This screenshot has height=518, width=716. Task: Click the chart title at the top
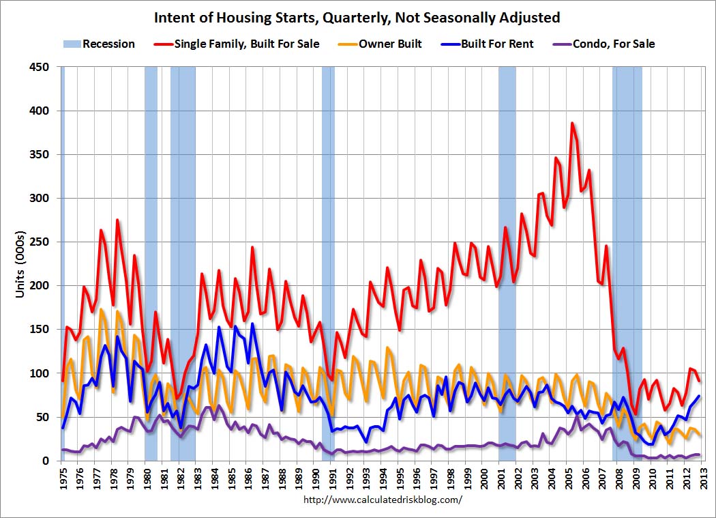[x=357, y=17]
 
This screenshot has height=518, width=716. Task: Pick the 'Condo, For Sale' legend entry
[x=614, y=44]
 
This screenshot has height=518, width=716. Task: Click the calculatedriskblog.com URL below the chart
[x=382, y=500]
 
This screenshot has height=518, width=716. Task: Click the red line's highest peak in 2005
[x=572, y=124]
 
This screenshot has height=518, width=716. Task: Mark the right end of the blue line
[x=698, y=396]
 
